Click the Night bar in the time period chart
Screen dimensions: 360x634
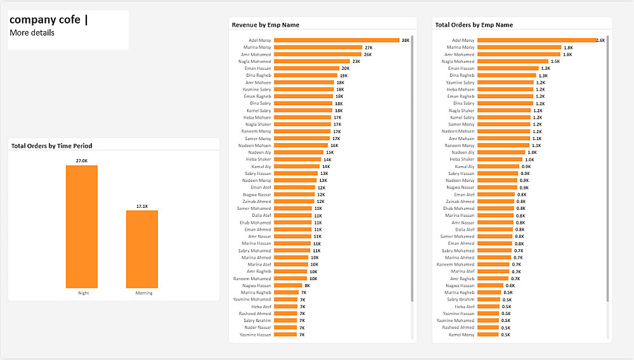click(82, 226)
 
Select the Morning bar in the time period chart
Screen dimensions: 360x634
click(142, 249)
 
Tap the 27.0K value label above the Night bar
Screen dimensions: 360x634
click(82, 161)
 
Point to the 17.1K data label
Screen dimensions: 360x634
click(142, 206)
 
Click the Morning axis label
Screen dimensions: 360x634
click(144, 293)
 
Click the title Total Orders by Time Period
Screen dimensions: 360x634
click(51, 146)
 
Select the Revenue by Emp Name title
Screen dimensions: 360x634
click(266, 25)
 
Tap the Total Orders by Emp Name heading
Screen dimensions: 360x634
click(474, 25)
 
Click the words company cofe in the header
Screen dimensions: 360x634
click(45, 20)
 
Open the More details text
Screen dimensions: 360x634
click(32, 33)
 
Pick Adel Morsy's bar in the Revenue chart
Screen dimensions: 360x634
click(336, 41)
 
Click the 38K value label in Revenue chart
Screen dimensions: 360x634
click(405, 41)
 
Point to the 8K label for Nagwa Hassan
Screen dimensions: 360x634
click(307, 286)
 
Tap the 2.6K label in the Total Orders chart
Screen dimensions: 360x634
click(601, 41)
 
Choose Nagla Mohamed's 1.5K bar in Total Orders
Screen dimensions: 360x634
click(513, 61)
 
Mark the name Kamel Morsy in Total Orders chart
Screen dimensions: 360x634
click(462, 335)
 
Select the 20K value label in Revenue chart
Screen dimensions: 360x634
click(346, 68)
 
